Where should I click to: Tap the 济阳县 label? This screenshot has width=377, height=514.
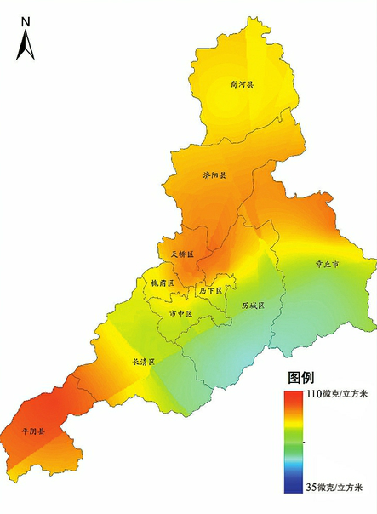215,175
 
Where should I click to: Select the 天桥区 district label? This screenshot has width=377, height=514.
182,254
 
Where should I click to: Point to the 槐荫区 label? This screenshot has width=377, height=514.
162,283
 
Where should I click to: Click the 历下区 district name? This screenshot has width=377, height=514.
209,291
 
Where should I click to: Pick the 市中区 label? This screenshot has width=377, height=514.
181,314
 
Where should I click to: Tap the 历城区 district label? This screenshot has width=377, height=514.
253,304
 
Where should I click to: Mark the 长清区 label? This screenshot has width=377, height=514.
143,362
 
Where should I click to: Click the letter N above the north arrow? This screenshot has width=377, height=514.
26,20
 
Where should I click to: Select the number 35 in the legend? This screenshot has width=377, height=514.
311,488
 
